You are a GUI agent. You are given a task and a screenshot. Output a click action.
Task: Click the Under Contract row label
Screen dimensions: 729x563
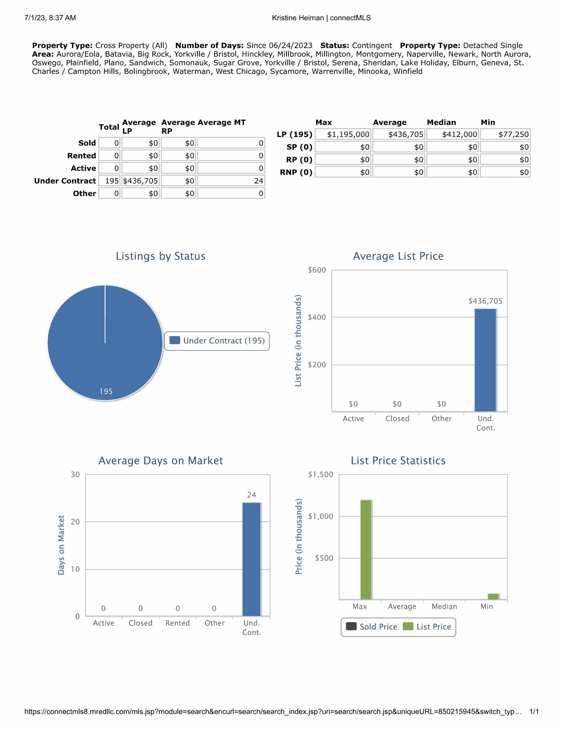(65, 181)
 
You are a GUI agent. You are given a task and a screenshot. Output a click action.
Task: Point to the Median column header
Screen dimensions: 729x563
(441, 122)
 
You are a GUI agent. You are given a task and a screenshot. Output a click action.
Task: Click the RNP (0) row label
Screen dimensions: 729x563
(296, 172)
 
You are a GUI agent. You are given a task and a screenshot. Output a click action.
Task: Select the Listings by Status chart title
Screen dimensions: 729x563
(161, 256)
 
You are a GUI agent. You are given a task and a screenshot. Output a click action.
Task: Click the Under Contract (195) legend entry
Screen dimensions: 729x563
(217, 341)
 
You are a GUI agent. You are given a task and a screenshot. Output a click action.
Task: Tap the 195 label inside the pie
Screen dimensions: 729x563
(106, 391)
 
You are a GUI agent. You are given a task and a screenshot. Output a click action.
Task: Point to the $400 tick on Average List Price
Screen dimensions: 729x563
(317, 317)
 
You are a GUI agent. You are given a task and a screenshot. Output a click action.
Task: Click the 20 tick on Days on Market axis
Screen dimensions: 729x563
(75, 522)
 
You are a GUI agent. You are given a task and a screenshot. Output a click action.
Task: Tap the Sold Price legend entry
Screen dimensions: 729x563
(372, 627)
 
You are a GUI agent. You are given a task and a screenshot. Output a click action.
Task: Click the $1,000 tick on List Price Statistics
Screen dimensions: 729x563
(321, 516)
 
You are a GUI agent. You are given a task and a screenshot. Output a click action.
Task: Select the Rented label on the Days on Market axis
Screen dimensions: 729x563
(178, 623)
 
